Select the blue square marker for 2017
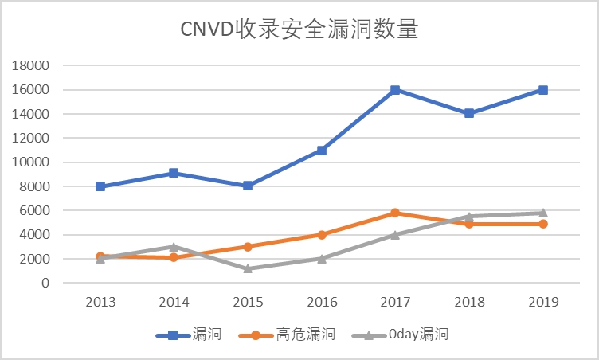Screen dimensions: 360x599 tap(395, 90)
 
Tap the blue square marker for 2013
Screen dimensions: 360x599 tap(101, 186)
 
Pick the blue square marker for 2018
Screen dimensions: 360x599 tap(469, 113)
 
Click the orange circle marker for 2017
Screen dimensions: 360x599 tap(395, 213)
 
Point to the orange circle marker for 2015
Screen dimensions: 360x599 tap(248, 247)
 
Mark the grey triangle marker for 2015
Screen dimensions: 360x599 tap(248, 268)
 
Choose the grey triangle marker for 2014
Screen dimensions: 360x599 tap(174, 247)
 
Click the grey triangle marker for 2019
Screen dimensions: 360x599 tap(542, 213)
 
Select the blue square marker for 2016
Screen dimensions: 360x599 tap(322, 150)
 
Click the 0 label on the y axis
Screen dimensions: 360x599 tap(46, 283)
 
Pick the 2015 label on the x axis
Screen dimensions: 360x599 tap(248, 302)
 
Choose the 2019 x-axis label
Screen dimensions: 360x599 tap(542, 302)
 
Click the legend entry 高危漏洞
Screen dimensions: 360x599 tap(288, 335)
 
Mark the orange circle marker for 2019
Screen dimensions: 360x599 tap(542, 224)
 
